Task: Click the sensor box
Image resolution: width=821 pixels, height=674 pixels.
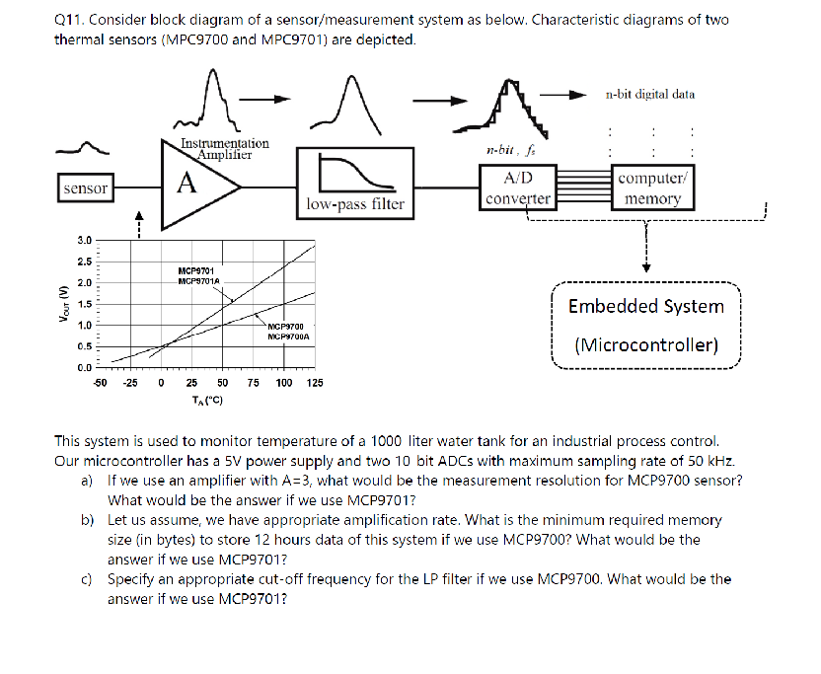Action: pyautogui.click(x=85, y=187)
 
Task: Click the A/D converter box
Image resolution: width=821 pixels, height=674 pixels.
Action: pyautogui.click(x=518, y=187)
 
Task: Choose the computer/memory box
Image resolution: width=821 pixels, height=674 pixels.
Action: pyautogui.click(x=652, y=187)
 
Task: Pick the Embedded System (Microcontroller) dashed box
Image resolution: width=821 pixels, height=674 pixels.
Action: pyautogui.click(x=646, y=326)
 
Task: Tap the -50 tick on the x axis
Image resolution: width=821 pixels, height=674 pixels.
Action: pyautogui.click(x=100, y=383)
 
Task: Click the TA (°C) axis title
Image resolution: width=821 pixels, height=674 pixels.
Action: pyautogui.click(x=207, y=400)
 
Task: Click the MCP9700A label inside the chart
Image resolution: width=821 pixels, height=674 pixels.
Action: pyautogui.click(x=288, y=336)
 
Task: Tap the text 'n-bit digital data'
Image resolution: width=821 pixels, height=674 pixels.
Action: pyautogui.click(x=650, y=95)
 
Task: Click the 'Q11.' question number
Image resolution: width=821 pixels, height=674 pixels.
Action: pyautogui.click(x=70, y=20)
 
